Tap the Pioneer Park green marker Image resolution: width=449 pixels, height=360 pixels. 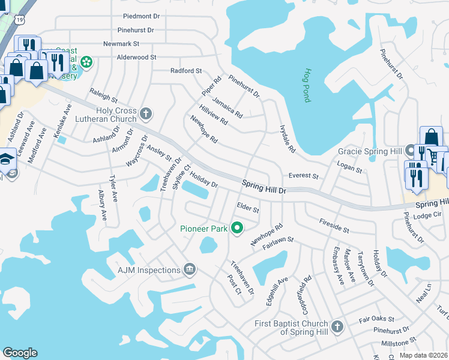237,227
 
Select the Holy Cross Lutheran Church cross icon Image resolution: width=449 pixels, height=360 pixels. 145,113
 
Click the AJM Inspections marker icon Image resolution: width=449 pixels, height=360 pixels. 190,269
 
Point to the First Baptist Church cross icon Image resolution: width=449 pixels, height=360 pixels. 337,327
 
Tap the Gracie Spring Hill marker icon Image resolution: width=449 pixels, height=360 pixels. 410,150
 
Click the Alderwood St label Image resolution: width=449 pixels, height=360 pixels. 137,57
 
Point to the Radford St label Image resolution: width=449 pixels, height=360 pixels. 186,71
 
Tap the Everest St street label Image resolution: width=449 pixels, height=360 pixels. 303,176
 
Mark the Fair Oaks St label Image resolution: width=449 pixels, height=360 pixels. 376,319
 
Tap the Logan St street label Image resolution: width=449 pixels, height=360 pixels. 351,170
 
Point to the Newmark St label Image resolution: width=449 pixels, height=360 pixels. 121,44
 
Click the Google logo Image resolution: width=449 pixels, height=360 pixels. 20,353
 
